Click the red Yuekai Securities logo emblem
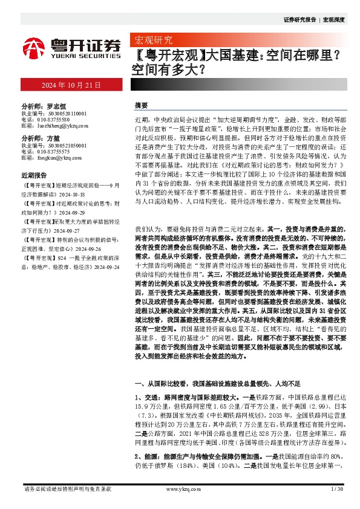(x=34, y=47)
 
